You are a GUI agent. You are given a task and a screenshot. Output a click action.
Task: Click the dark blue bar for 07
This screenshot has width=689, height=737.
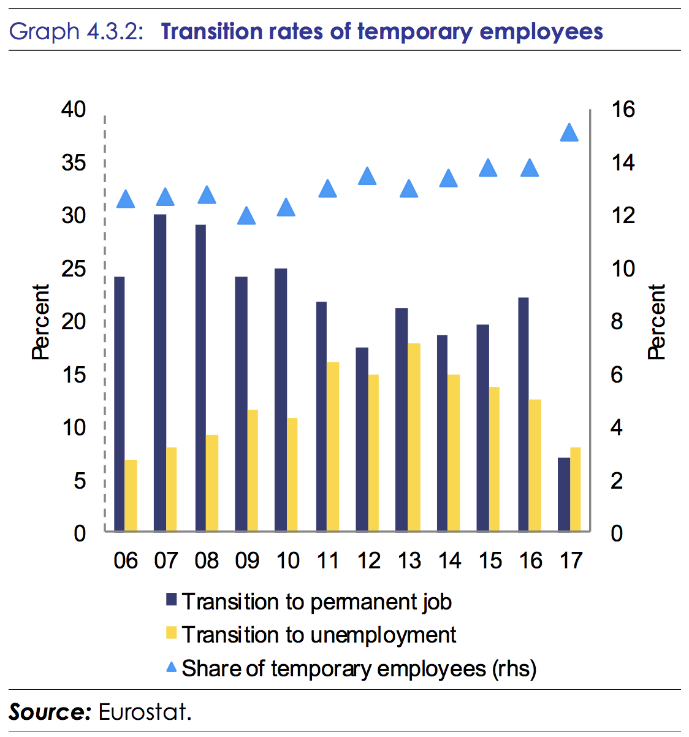coord(160,372)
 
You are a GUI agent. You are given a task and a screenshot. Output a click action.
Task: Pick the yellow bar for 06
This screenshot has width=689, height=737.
coord(131,495)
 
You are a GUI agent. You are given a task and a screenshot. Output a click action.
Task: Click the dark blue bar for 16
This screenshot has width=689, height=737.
coord(523,414)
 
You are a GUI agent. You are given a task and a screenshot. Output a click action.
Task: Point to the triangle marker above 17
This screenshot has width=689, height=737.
coord(570,132)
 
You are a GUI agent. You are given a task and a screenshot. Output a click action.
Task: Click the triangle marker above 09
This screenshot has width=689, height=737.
coord(246,215)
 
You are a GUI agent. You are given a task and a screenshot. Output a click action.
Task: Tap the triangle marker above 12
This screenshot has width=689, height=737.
coord(367,177)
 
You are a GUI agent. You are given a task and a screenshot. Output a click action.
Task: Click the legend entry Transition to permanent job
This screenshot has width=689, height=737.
coord(316,601)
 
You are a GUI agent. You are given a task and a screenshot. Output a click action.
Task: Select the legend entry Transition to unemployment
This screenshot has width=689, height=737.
coord(319,635)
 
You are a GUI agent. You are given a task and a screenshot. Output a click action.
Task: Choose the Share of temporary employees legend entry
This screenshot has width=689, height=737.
coord(359,668)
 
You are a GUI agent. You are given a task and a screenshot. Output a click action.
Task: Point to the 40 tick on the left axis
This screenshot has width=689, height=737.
coord(74,110)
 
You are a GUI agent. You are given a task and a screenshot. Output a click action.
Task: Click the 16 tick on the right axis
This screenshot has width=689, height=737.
coord(623,110)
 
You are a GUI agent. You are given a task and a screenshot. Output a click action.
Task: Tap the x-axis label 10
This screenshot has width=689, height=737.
coord(287,560)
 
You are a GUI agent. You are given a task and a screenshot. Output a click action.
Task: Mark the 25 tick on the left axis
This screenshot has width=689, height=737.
coord(74,269)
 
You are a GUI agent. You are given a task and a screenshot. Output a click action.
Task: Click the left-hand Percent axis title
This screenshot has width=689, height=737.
coord(40,321)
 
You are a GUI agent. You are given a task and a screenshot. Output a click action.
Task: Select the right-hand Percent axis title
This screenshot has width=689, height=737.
coord(657,321)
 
